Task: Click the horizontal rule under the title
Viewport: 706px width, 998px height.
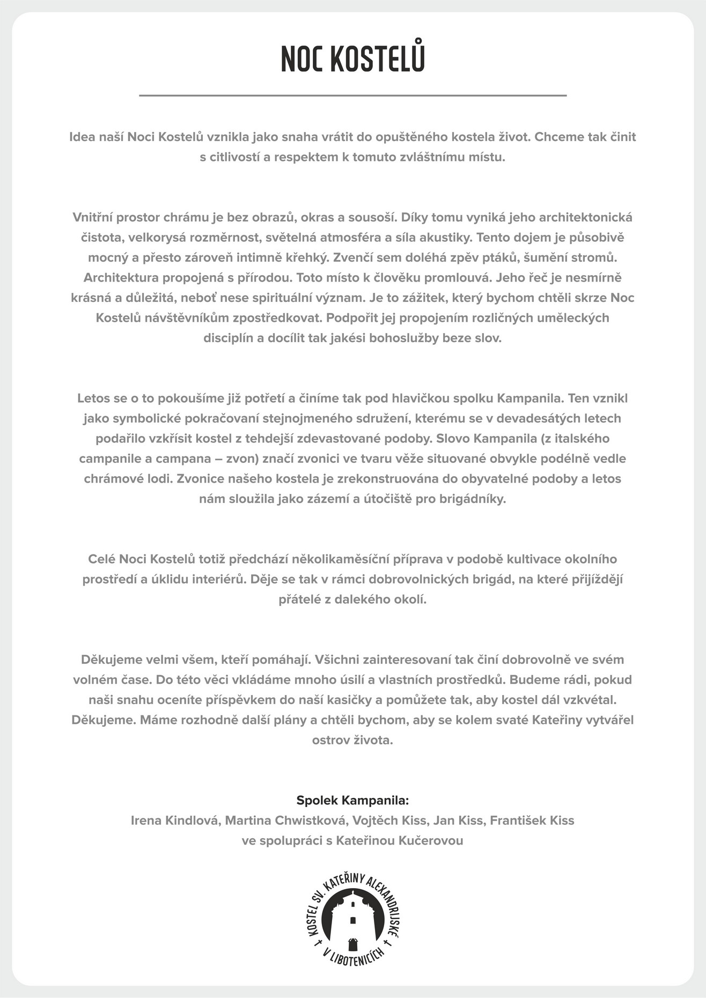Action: (x=352, y=95)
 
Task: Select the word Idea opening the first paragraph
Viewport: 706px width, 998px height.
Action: (x=82, y=137)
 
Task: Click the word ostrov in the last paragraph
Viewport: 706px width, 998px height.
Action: (x=329, y=740)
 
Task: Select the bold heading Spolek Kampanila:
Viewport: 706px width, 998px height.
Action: (x=352, y=800)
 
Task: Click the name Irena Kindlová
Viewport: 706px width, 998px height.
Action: (x=175, y=820)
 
